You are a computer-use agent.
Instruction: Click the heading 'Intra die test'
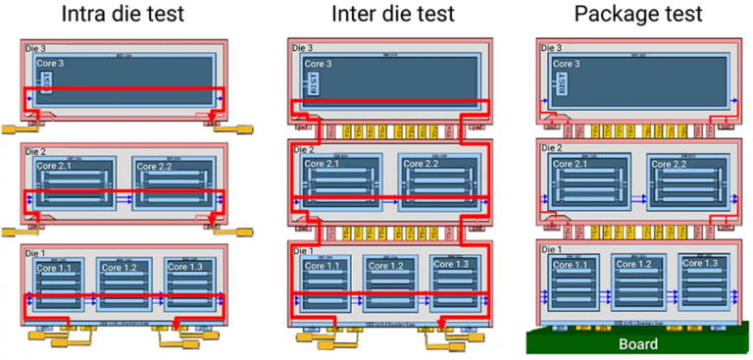click(x=125, y=16)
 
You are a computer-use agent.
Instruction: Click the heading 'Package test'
click(x=637, y=16)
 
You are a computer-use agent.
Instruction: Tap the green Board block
click(x=638, y=344)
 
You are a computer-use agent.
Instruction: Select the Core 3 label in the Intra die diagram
click(x=51, y=64)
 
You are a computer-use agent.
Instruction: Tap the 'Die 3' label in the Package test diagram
click(x=553, y=47)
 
